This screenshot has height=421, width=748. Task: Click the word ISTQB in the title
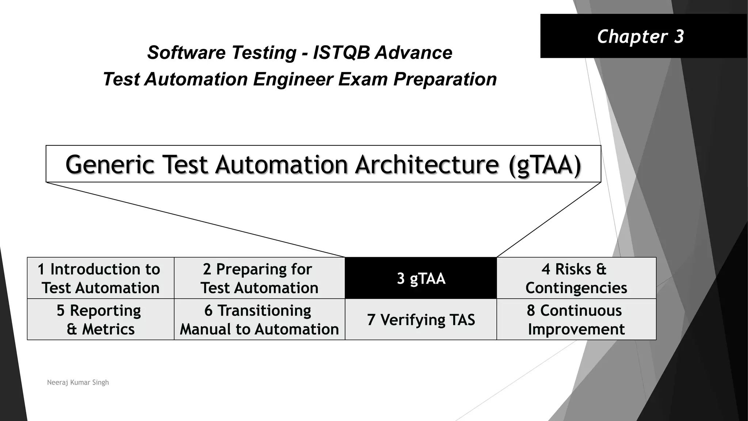[x=342, y=53]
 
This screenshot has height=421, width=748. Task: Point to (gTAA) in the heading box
[x=545, y=165]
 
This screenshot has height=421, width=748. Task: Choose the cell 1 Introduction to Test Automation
[x=100, y=278]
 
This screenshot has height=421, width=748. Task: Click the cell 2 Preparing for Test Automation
[x=259, y=278]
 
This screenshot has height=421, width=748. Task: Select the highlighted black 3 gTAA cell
[x=421, y=278]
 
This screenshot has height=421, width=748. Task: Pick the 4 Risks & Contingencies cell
[x=576, y=278]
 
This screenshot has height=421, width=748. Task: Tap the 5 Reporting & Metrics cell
[x=100, y=320]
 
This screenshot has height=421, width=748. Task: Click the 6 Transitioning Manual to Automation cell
[x=259, y=320]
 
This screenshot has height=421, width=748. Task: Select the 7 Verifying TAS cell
[x=421, y=320]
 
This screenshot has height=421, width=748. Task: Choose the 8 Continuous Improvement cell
[x=576, y=320]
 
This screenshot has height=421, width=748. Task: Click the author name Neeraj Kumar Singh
[x=78, y=383]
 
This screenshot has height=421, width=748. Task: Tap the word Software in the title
[x=186, y=53]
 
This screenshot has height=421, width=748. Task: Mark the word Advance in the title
[x=414, y=53]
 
